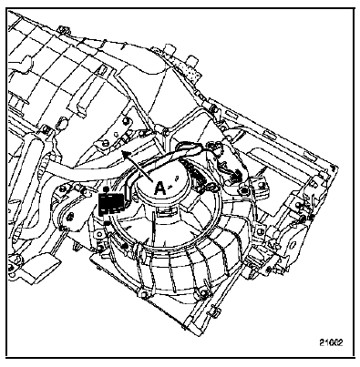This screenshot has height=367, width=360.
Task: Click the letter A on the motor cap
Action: (x=159, y=189)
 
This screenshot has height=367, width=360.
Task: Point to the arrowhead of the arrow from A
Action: (x=125, y=154)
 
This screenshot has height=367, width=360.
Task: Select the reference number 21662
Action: (x=331, y=342)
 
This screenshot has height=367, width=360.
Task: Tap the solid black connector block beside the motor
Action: (x=111, y=203)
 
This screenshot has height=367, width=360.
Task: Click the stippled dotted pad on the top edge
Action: (x=189, y=69)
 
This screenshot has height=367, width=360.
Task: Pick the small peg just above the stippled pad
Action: (x=192, y=60)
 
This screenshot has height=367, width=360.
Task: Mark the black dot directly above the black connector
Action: (x=106, y=189)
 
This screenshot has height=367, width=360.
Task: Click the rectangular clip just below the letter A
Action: (x=165, y=211)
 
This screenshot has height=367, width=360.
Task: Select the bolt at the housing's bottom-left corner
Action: (x=143, y=294)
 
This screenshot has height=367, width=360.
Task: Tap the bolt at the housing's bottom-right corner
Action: (x=204, y=293)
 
